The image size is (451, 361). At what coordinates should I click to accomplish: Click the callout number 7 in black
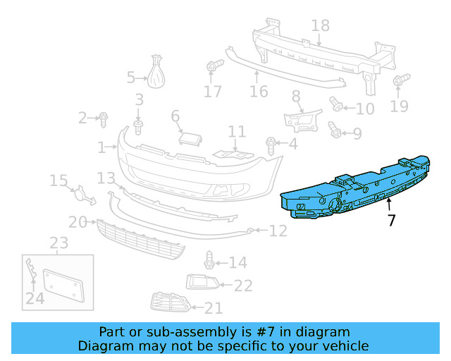point(392,220)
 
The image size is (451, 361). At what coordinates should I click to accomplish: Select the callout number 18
point(320,26)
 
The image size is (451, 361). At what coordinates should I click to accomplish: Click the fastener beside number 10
point(337,106)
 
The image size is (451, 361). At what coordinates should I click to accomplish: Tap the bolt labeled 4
point(271,145)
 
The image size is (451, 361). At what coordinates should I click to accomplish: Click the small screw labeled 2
point(103,118)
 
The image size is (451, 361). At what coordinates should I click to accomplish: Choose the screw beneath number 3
point(138,127)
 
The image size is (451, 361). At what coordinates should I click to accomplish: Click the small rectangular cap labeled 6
point(190,137)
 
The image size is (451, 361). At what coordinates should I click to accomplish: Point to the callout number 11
point(237,132)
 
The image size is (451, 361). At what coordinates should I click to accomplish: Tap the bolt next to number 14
point(209,261)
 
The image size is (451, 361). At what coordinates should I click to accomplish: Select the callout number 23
point(58,243)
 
